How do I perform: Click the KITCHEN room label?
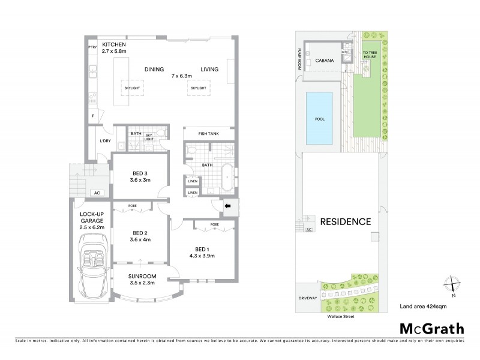point(113,45)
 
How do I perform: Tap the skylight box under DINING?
point(133,88)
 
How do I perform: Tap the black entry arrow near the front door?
point(228,206)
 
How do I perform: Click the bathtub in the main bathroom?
point(228,177)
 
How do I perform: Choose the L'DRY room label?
point(98,142)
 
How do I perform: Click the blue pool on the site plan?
point(319,119)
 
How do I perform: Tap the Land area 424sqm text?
point(423,307)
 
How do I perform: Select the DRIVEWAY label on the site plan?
point(307,298)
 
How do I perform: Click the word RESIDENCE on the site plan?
point(344,221)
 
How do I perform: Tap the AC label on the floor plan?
point(97,193)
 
